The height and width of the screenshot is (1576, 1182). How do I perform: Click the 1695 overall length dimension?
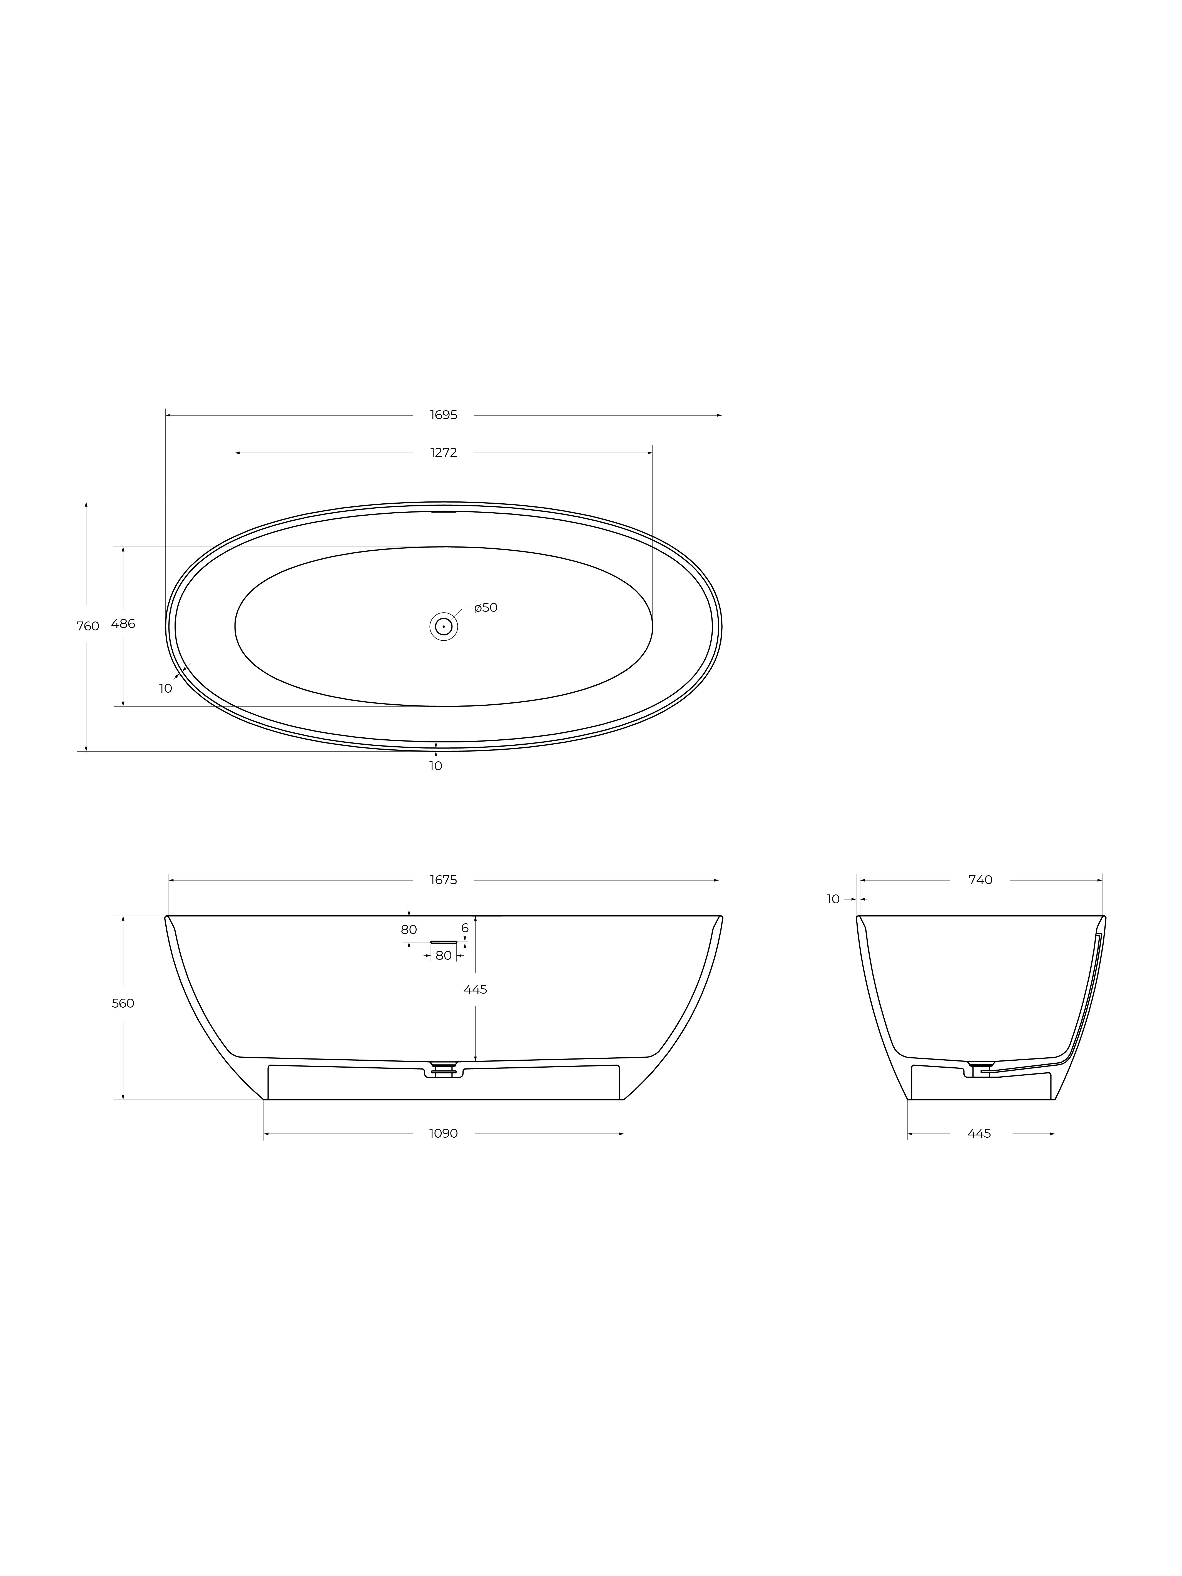click(x=443, y=415)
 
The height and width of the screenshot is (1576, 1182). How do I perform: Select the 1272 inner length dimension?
click(x=443, y=453)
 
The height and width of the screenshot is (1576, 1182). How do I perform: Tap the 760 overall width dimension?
click(x=88, y=626)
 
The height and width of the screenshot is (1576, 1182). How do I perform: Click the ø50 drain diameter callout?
click(x=486, y=608)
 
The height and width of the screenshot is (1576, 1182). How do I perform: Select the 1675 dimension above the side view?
click(x=443, y=880)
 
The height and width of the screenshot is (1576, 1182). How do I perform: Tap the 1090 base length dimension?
click(x=443, y=1133)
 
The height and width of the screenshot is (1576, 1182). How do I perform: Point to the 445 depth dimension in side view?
click(x=475, y=990)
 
